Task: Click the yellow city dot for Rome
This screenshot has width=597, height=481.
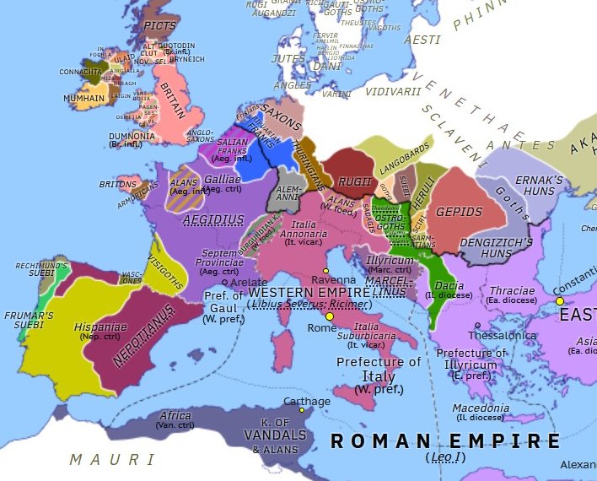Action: [330, 316]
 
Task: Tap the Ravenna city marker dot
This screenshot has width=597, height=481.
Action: [325, 270]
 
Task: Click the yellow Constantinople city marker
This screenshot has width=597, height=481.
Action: [558, 300]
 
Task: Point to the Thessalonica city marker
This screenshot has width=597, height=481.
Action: [477, 325]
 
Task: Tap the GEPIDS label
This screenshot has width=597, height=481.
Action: [460, 211]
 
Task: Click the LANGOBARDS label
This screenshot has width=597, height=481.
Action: [390, 157]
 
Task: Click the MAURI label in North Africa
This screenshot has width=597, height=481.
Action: [112, 460]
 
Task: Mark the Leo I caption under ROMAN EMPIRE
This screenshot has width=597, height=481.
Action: [446, 457]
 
